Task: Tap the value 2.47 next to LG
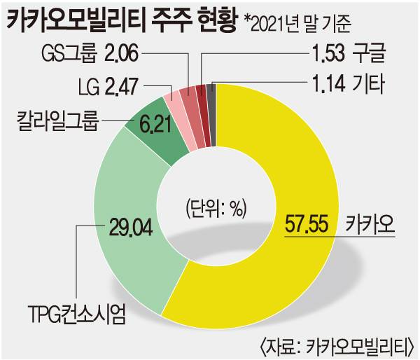122,87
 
